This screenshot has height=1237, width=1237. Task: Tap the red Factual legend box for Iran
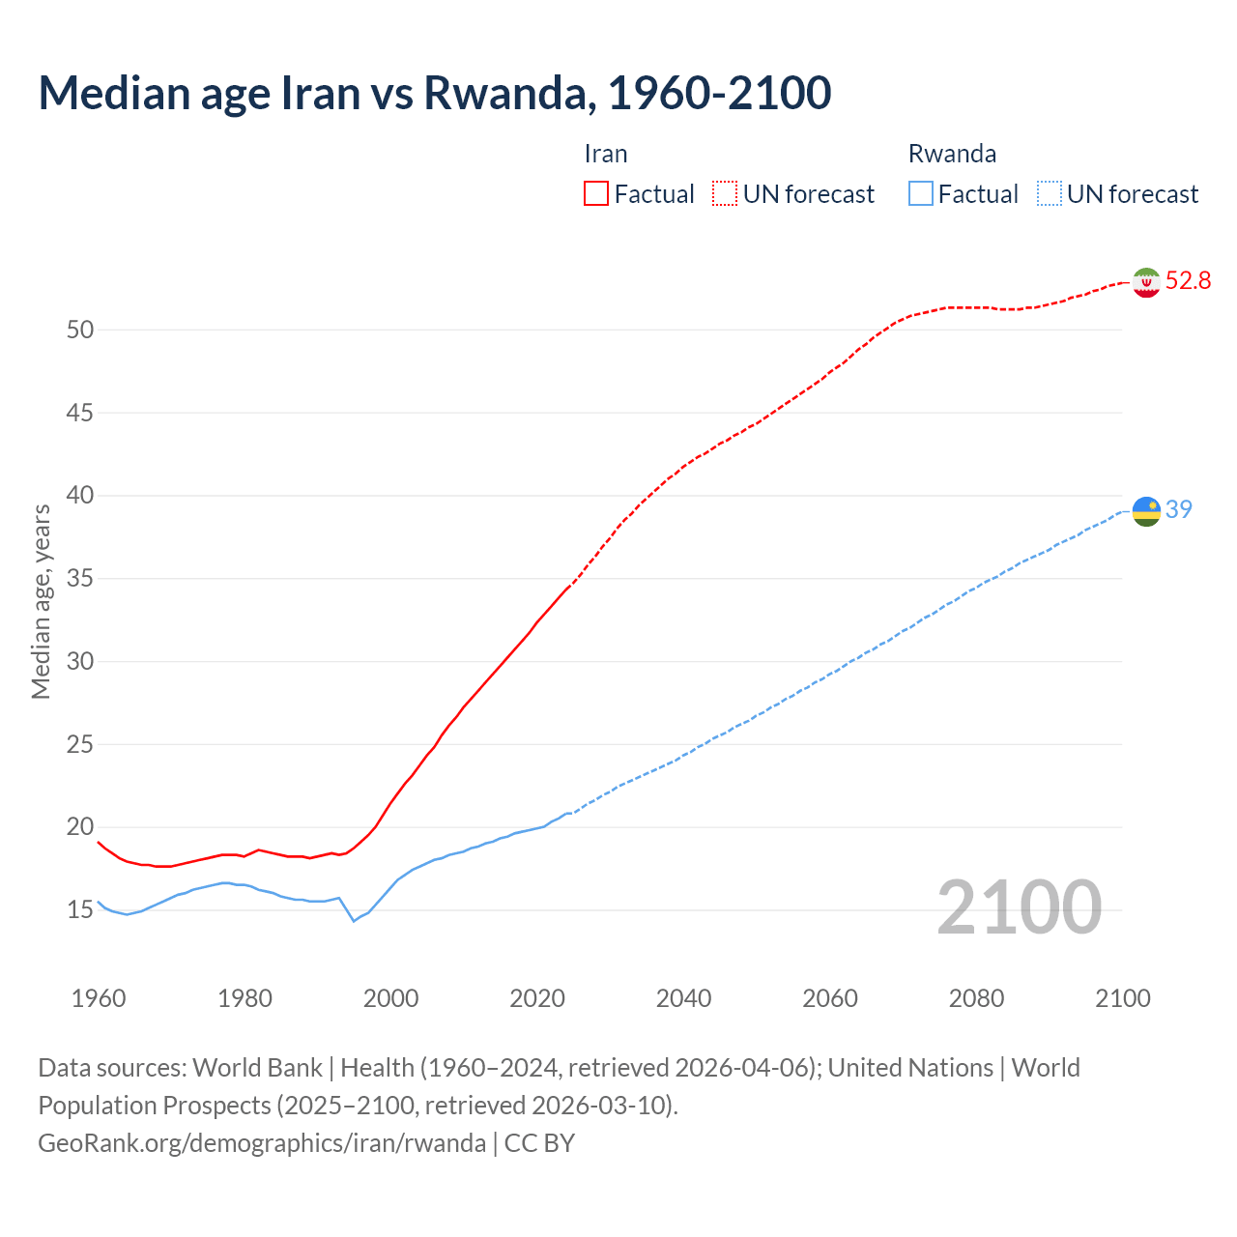[596, 194]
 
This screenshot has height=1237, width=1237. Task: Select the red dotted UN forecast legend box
[725, 194]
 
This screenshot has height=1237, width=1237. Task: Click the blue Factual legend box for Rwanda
[921, 194]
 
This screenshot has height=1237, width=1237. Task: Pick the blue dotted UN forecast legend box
[1049, 194]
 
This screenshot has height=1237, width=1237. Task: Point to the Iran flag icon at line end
[1146, 282]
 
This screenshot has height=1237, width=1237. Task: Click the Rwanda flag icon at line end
[1146, 511]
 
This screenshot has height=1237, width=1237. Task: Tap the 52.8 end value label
[1188, 281]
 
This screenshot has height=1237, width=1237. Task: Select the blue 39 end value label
[1179, 509]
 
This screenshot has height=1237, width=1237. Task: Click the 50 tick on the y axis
[80, 331]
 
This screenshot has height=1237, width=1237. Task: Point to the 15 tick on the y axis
[80, 910]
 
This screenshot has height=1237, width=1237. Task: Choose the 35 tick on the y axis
[80, 579]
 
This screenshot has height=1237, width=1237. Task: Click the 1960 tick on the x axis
[99, 998]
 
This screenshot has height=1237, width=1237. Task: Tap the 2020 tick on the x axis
[537, 998]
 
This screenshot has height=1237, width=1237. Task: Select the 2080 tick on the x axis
[976, 998]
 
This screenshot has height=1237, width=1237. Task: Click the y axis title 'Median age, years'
[41, 601]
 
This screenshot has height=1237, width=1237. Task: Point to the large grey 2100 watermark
[1019, 907]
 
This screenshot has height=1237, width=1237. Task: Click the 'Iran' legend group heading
[606, 155]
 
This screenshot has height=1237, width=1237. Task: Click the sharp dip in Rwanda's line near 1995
[354, 920]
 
